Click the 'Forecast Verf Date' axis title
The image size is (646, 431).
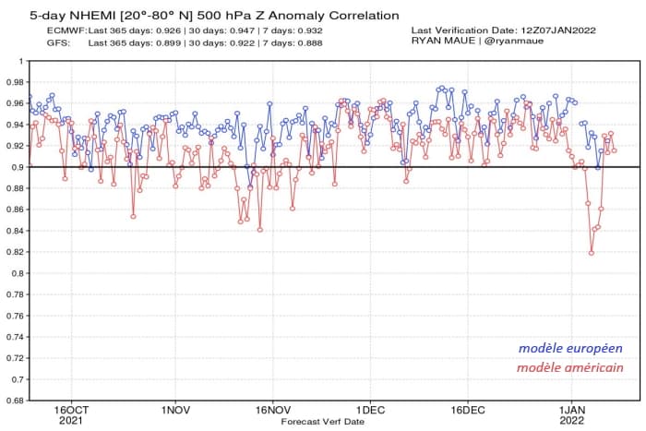(322, 421)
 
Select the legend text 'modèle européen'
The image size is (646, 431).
(569, 349)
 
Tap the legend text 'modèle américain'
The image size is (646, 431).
(569, 367)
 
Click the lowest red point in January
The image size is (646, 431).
(591, 253)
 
